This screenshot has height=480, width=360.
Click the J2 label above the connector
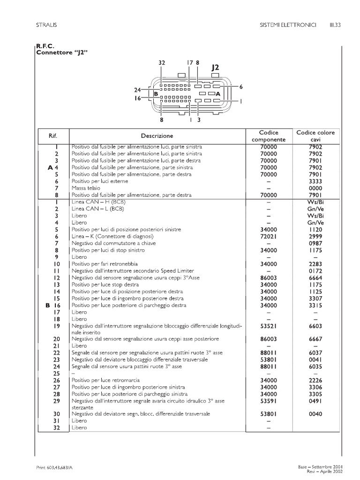tap(215, 67)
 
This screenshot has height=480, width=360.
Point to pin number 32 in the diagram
tap(162, 62)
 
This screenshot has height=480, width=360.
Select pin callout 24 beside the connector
tap(137, 90)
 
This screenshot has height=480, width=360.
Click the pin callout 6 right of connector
tap(240, 87)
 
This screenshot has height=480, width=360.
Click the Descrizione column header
tap(157, 136)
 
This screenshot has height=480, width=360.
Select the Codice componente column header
tap(268, 136)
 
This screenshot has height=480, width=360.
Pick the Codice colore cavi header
tap(315, 136)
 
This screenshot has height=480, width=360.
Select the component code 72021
tap(268, 237)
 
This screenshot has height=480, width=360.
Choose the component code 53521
tap(268, 325)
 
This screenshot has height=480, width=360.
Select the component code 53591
tap(268, 401)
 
